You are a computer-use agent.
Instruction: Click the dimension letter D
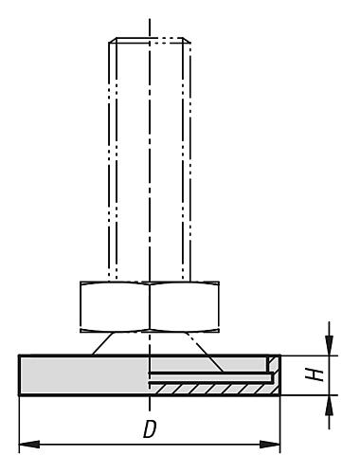[149, 429]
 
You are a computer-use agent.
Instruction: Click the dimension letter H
[321, 374]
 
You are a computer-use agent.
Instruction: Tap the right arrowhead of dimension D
[276, 444]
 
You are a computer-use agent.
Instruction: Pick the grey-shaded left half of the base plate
[81, 375]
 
